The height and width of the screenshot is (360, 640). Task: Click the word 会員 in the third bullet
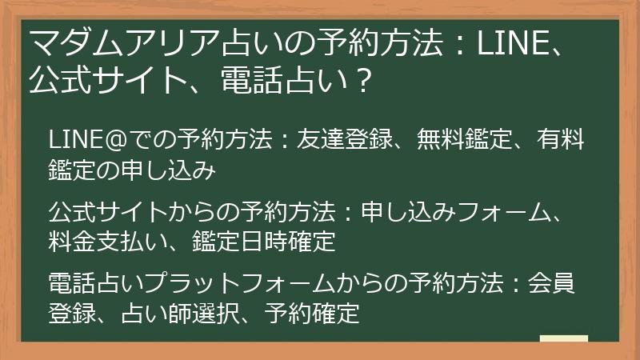point(560,285)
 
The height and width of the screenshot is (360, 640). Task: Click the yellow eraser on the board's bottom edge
point(563,338)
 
